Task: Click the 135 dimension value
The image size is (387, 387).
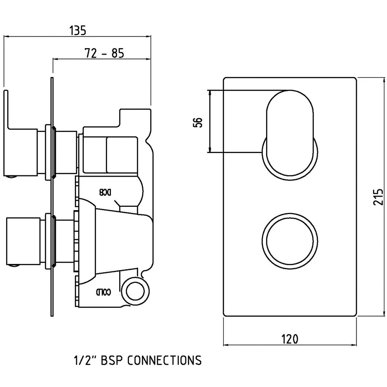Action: pos(77,31)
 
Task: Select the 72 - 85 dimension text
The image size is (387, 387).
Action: pos(105,53)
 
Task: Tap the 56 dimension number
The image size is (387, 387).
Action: pos(197,122)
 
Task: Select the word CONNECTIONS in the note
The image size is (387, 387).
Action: pos(165,360)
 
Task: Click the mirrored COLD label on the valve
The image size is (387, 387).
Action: pos(104,292)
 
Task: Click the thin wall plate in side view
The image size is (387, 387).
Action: pos(52,198)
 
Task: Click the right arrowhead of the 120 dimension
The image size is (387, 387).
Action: pos(355,345)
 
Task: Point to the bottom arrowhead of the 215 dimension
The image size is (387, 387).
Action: pos(383,315)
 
